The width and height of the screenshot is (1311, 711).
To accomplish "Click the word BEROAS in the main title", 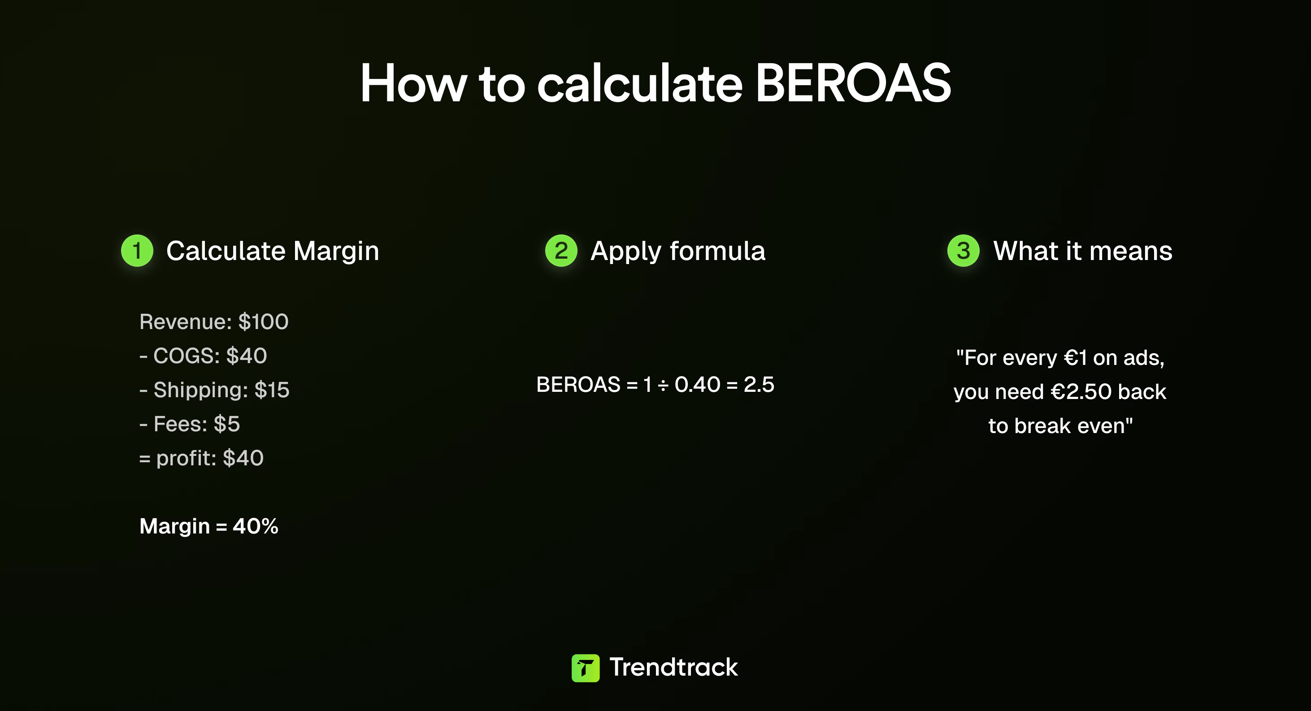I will (853, 84).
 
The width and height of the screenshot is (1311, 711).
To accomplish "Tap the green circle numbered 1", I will (137, 251).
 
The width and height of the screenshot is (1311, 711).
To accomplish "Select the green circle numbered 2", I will (561, 251).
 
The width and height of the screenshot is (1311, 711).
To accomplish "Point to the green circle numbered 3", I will (963, 251).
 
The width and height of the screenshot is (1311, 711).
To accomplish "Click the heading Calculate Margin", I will (272, 251).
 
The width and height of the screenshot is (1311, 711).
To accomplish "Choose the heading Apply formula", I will (677, 251).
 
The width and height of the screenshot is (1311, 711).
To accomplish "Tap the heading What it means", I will (1082, 251).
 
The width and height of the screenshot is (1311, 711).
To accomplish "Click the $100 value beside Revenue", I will (263, 322).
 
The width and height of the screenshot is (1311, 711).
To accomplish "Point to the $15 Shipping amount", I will (272, 390).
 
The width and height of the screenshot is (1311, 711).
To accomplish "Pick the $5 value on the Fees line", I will (226, 424).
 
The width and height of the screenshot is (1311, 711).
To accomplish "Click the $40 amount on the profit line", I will (243, 458).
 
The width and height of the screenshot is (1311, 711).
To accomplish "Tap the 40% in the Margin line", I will (256, 526).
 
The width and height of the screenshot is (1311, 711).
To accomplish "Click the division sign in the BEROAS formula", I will (663, 385).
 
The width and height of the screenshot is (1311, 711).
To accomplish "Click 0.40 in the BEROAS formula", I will (697, 385).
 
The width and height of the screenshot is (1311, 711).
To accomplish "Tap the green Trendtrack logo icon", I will (585, 668).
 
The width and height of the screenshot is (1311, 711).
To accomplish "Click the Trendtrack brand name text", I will (673, 667).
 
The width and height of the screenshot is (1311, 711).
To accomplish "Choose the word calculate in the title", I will (640, 84).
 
